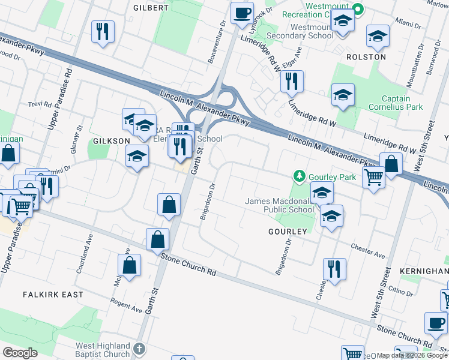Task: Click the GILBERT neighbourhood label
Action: (x=151, y=8)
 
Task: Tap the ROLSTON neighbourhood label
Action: (x=366, y=56)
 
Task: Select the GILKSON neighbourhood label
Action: (x=110, y=140)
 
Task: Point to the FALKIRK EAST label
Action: (x=53, y=295)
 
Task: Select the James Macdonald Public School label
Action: (x=280, y=205)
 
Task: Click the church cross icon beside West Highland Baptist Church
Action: (x=139, y=349)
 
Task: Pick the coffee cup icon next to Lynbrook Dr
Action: (x=242, y=13)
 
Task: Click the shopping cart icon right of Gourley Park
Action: (x=374, y=177)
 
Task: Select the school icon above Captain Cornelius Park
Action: (x=343, y=95)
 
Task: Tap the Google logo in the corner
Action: (x=20, y=353)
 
